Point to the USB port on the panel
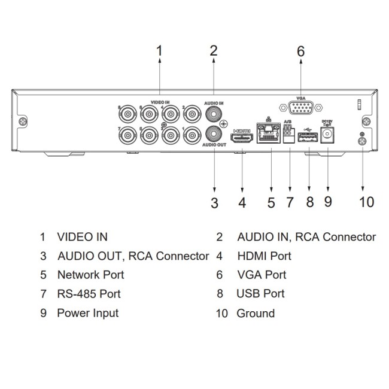point(309,138)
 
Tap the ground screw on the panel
point(362,142)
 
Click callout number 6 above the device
point(300,51)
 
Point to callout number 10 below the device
point(366,202)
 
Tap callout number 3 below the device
point(214,203)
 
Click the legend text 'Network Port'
point(91,275)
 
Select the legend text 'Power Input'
point(88,313)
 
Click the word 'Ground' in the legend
point(256,313)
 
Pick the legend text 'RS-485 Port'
point(89,294)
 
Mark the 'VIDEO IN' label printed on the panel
point(160,102)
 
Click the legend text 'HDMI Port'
point(264,256)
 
